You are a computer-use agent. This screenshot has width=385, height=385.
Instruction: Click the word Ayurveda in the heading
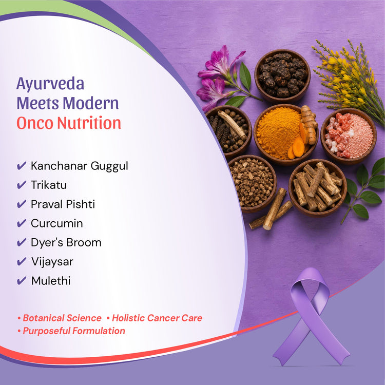[50, 84]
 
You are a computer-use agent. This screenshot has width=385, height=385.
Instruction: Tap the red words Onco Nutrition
[69, 123]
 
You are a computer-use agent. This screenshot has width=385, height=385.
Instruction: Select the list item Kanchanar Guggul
[79, 166]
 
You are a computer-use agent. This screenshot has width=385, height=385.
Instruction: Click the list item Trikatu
[49, 185]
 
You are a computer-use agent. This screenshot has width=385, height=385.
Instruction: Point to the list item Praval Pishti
[63, 204]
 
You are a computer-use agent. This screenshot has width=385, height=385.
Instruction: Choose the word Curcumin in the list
[56, 223]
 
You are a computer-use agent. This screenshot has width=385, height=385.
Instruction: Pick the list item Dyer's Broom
[66, 243]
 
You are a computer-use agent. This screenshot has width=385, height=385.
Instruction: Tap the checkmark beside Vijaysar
[22, 261]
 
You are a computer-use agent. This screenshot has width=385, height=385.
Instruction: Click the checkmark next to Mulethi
[22, 281]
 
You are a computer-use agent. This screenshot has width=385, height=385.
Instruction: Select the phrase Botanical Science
[62, 318]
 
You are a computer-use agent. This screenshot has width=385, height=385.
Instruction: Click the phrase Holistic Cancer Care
[157, 318]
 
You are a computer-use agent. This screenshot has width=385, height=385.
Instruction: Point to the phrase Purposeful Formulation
[74, 331]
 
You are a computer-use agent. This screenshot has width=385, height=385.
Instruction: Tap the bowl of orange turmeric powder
[286, 134]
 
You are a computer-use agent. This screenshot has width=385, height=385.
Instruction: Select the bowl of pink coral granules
[349, 136]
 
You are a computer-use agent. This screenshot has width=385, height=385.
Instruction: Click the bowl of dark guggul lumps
[282, 75]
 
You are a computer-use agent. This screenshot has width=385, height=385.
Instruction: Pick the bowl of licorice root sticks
[318, 188]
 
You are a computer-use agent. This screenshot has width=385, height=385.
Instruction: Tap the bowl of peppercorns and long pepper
[228, 131]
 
